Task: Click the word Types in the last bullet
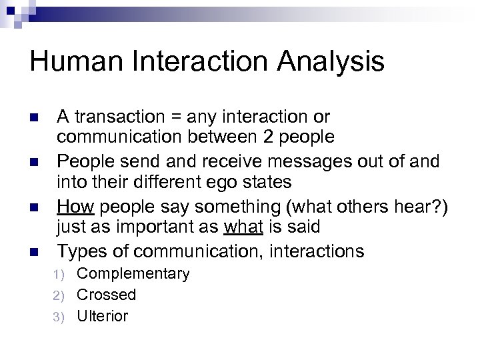(x=81, y=251)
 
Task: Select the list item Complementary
(x=133, y=274)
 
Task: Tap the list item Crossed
(x=106, y=295)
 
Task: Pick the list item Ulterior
(x=103, y=315)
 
